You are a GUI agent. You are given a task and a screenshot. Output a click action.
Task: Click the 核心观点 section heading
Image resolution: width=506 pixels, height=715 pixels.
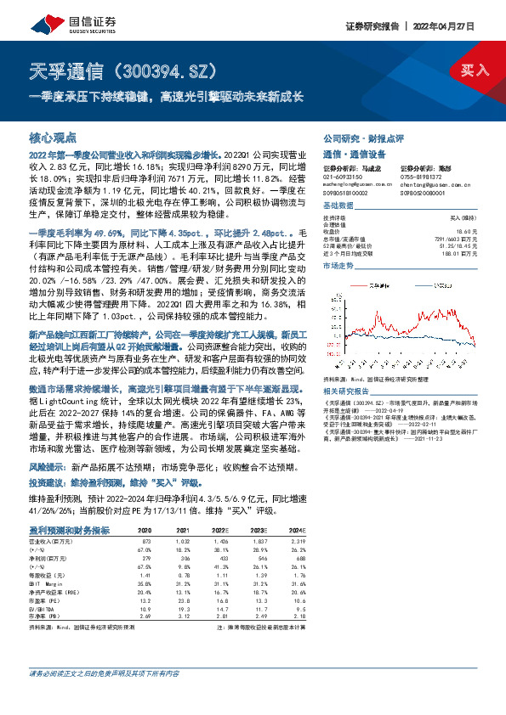(53, 137)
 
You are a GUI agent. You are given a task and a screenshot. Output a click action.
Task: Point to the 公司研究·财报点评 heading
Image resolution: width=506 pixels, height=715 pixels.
(362, 138)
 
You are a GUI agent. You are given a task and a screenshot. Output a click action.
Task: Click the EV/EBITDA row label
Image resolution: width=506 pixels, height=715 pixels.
(43, 609)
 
